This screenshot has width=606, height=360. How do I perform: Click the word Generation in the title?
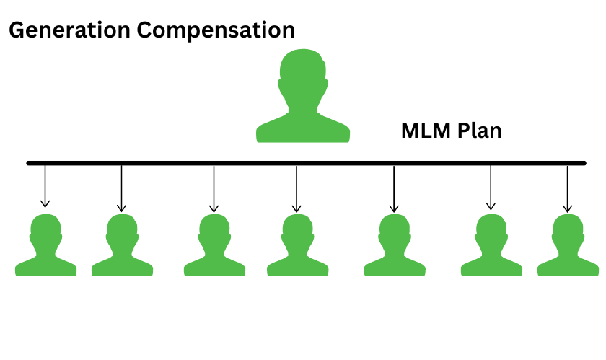(x=60, y=30)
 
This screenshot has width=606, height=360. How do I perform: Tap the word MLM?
(x=426, y=131)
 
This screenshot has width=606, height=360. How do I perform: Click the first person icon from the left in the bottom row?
(x=45, y=247)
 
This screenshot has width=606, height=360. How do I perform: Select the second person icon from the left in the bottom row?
(x=122, y=247)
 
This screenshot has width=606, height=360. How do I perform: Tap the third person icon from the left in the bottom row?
(x=214, y=247)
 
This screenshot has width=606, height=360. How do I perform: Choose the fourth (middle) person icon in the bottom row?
(x=297, y=247)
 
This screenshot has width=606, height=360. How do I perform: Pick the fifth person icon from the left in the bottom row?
(x=394, y=247)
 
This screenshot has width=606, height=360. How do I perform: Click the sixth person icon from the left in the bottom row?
(x=491, y=247)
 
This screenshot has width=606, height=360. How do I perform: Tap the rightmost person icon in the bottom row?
(x=568, y=247)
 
